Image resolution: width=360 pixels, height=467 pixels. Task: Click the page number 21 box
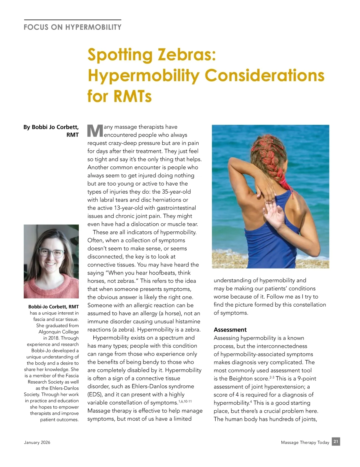point(336,442)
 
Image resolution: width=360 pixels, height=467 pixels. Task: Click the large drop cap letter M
point(95,131)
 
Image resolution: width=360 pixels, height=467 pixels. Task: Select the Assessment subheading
point(230,330)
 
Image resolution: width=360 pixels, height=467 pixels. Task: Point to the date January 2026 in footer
point(37,442)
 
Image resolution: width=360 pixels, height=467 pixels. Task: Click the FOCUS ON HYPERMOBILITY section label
point(73,27)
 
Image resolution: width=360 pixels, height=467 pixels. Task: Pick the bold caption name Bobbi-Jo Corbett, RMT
point(53,307)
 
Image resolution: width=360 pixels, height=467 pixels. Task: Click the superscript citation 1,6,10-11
point(185,401)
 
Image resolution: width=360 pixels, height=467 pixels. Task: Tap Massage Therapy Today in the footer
point(305,442)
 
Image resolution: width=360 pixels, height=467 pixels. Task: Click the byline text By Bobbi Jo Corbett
point(51,127)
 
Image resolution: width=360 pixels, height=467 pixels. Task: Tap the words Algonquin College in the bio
point(58,332)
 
